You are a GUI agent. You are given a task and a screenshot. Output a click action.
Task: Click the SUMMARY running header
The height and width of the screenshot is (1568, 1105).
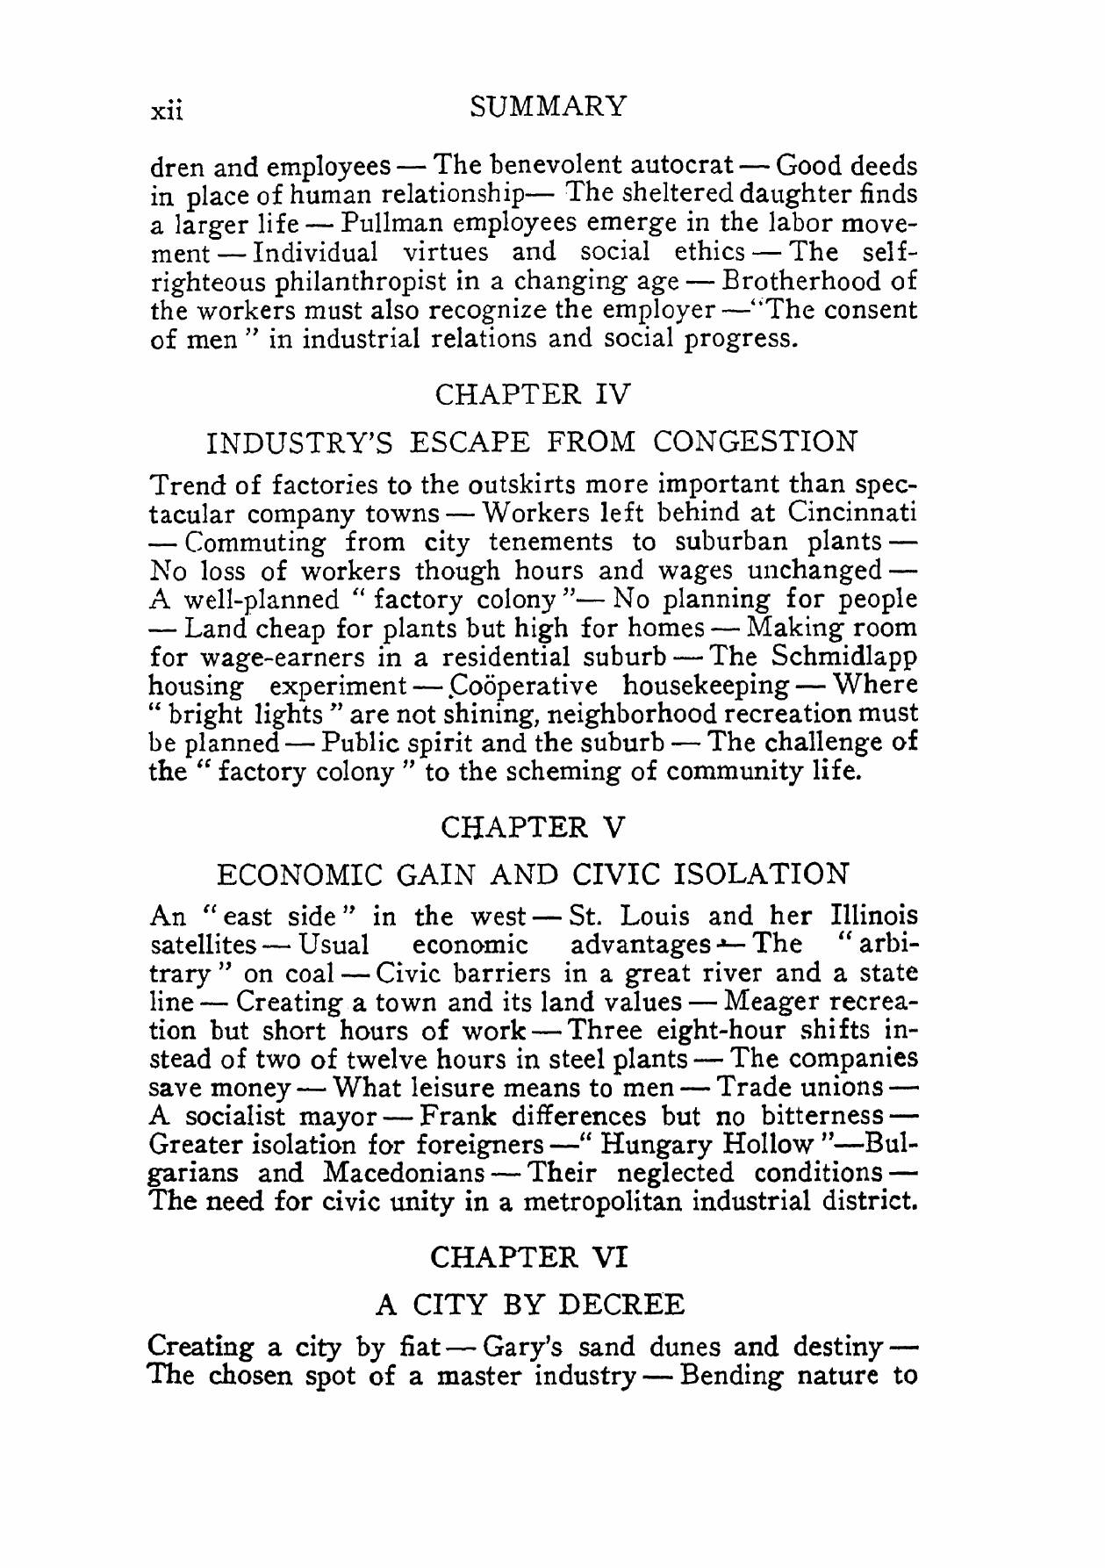549,107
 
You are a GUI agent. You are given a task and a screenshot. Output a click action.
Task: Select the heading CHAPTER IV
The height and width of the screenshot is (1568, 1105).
533,394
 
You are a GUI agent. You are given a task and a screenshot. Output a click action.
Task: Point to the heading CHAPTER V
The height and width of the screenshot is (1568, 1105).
533,827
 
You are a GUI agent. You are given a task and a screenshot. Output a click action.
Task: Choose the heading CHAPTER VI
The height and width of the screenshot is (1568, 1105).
530,1257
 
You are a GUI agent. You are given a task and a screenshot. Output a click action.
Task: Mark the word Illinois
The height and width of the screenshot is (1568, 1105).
873,917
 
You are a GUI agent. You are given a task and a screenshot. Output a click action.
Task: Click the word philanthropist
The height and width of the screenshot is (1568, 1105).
378,282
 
